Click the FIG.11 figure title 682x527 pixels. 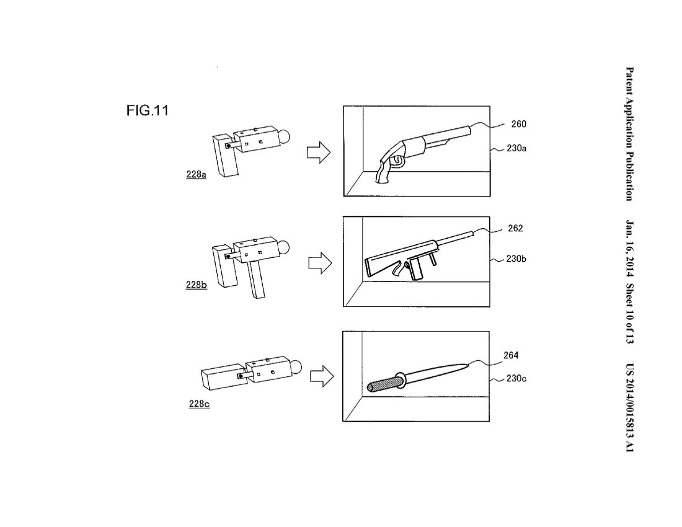pos(147,110)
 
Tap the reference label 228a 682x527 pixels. pos(196,174)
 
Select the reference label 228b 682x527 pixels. pos(196,285)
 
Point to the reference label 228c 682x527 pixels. pos(199,404)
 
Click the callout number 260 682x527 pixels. pos(518,124)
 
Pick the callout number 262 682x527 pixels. pos(515,228)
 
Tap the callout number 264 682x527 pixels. pos(511,355)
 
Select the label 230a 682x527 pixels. pos(516,148)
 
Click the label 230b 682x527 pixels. pos(516,259)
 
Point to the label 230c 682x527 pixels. pos(516,378)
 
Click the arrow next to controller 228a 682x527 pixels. pos(319,152)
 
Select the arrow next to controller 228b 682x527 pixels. pos(320,263)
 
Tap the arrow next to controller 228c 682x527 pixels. pos(322,376)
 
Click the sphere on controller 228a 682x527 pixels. pos(283,137)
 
